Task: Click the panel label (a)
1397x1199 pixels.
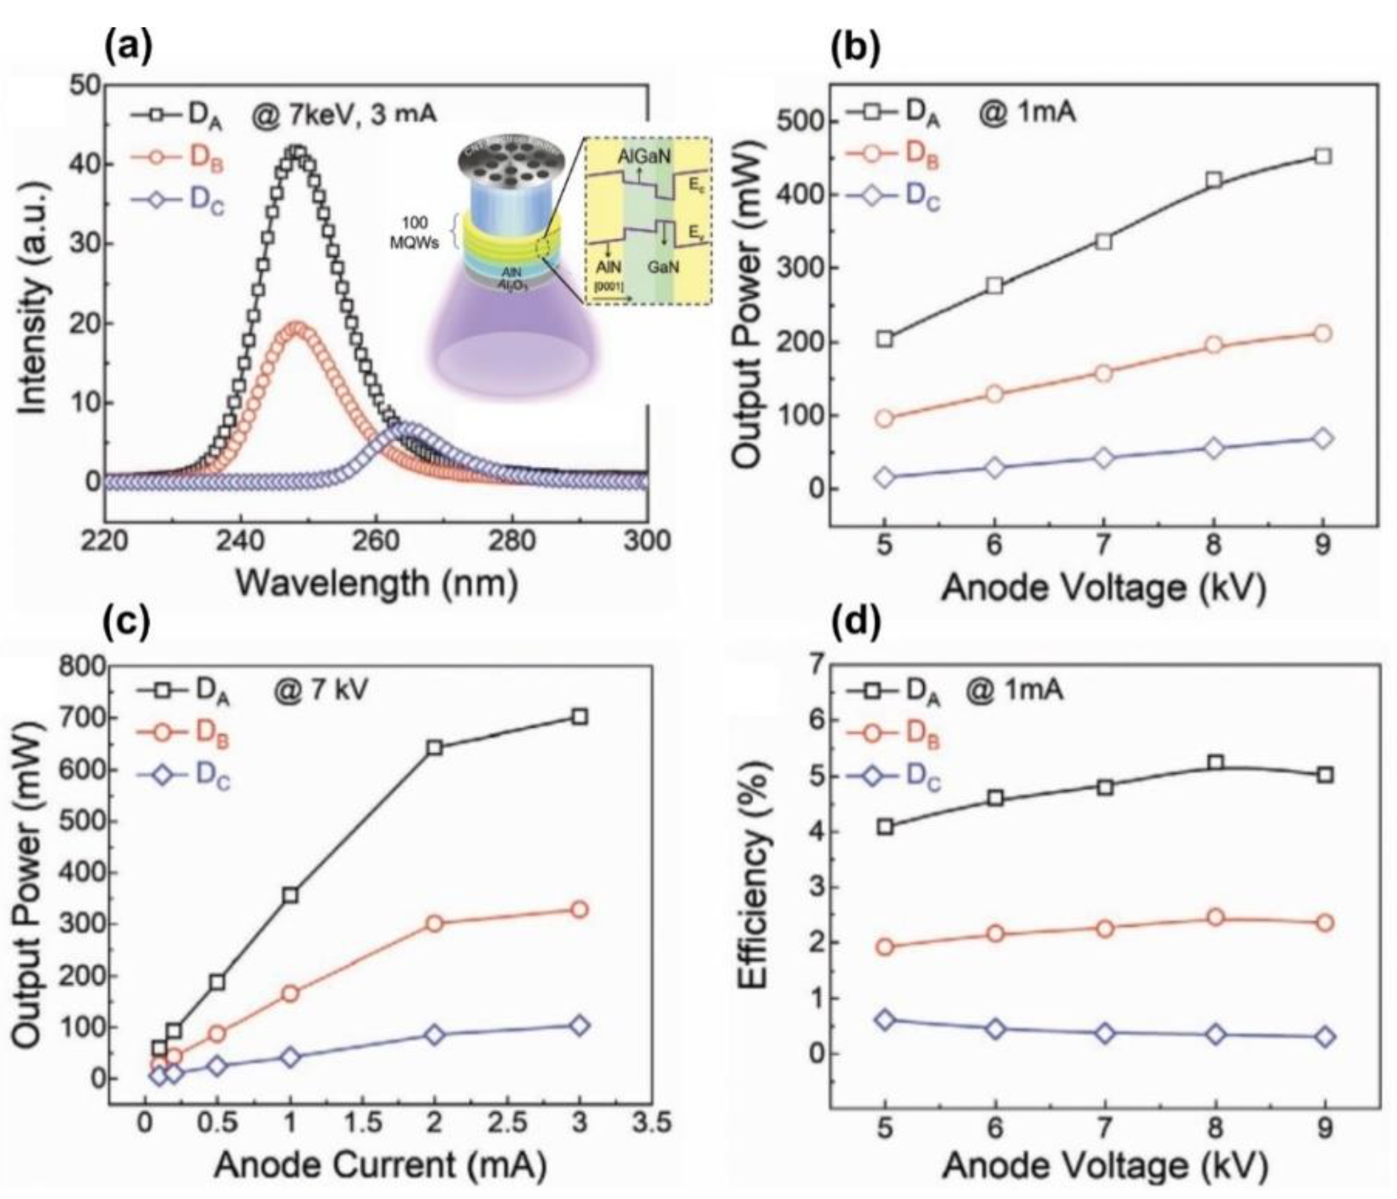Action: [x=128, y=47]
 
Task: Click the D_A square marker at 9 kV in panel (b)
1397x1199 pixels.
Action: [x=1323, y=156]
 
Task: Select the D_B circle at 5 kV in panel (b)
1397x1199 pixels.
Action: [x=885, y=418]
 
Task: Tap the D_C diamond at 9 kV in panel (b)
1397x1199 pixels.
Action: [x=1323, y=439]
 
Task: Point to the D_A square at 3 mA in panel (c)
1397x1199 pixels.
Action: [x=579, y=716]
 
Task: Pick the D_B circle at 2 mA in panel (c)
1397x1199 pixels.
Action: [x=435, y=923]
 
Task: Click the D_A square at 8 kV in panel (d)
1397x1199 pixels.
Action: [x=1216, y=763]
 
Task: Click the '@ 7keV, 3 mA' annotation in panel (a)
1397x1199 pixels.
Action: [x=344, y=113]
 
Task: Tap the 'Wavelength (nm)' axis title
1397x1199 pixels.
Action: [x=377, y=584]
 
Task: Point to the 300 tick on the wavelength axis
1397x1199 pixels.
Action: [x=646, y=541]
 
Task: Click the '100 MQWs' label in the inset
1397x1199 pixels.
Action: [x=413, y=233]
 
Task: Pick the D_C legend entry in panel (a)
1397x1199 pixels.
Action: [x=179, y=201]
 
